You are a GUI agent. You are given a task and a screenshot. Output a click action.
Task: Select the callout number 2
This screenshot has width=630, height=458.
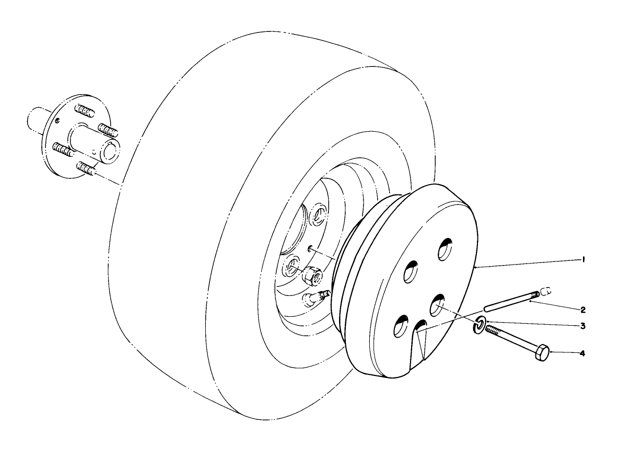[x=584, y=310]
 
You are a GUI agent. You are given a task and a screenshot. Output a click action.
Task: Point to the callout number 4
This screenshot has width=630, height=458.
[x=582, y=353]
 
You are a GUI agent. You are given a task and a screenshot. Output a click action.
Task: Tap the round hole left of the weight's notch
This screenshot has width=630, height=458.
[x=401, y=326]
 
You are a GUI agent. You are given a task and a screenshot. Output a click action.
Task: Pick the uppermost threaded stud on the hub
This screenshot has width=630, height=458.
[x=83, y=110]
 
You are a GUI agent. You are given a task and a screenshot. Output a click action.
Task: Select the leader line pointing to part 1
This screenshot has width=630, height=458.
[x=528, y=264]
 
